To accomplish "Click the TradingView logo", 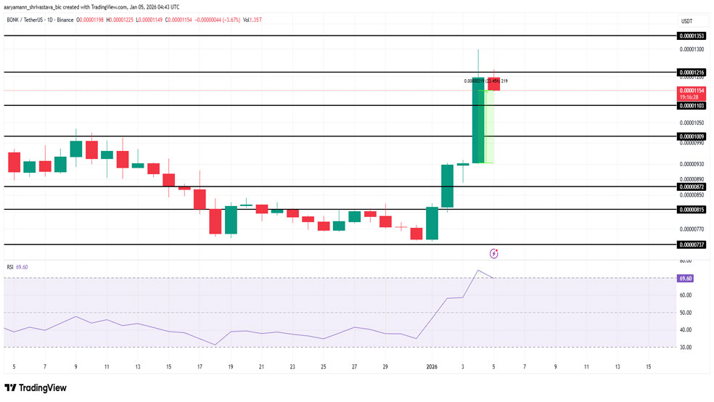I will (36, 388).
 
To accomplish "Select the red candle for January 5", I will (493, 83).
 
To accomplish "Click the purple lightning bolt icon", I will (494, 253).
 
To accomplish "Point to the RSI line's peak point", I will (478, 271).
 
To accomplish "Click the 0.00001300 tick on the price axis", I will (690, 49).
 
